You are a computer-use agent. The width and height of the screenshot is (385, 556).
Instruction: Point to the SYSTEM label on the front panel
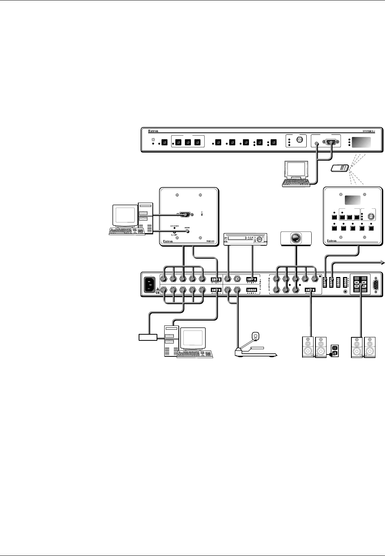pos(369,131)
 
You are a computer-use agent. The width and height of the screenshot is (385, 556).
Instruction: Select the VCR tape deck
pos(245,239)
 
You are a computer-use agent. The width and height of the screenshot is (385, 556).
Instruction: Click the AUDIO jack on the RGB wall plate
pos(188,231)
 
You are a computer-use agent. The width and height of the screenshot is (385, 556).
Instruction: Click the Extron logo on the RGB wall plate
pos(170,241)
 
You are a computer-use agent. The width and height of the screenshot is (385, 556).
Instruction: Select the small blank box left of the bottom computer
pos(148,337)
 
